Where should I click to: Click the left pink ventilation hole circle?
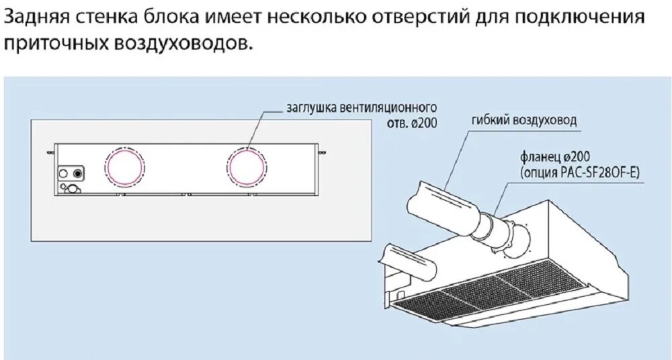click(x=124, y=166)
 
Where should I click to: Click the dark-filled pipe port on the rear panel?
click(x=79, y=173)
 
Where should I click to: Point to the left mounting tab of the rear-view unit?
click(x=50, y=152)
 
